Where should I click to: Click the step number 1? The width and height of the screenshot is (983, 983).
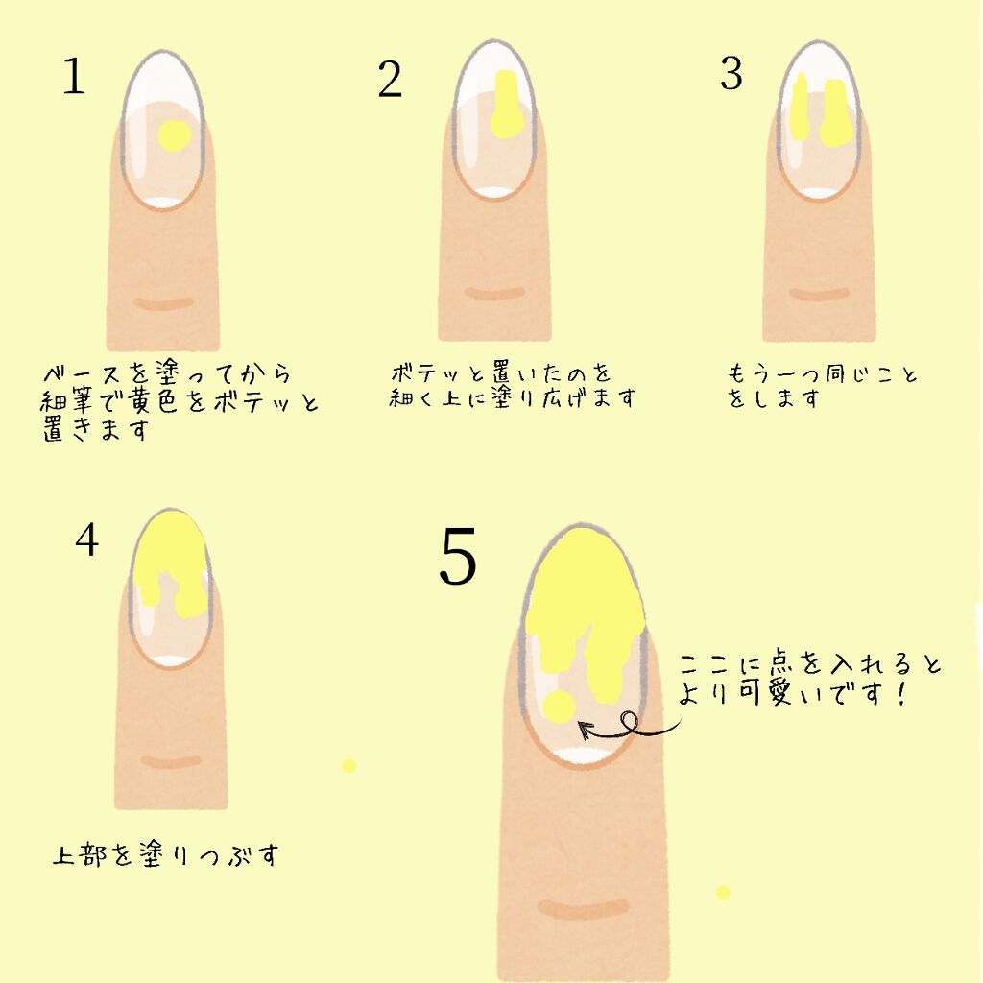pos(73,76)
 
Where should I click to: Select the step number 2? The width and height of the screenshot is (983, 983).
pos(389,81)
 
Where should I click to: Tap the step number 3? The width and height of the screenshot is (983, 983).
pos(731,74)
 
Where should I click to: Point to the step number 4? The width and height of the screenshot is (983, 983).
pos(86,541)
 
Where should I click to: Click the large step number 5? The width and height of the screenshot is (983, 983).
pos(457,559)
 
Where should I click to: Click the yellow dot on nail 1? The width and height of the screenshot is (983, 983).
pos(173,135)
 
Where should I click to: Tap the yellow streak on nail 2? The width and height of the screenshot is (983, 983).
pos(506,105)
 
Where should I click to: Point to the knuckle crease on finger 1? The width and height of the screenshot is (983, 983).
pos(162,304)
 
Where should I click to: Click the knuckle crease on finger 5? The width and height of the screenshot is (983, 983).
pos(583,907)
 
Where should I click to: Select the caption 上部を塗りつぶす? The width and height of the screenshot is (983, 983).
pos(164,854)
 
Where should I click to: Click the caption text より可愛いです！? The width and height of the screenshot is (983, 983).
pos(792,694)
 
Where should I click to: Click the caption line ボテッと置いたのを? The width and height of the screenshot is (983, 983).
pos(501,372)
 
